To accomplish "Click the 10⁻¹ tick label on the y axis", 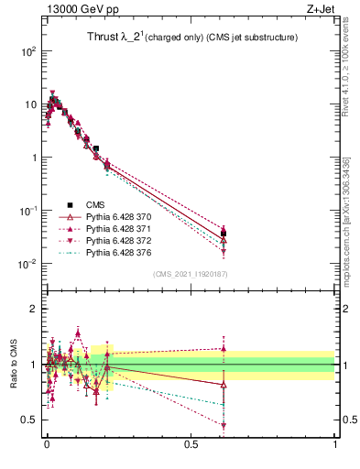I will pyautogui.click(x=27, y=211).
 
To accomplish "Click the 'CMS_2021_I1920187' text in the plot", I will pyautogui.click(x=191, y=274).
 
